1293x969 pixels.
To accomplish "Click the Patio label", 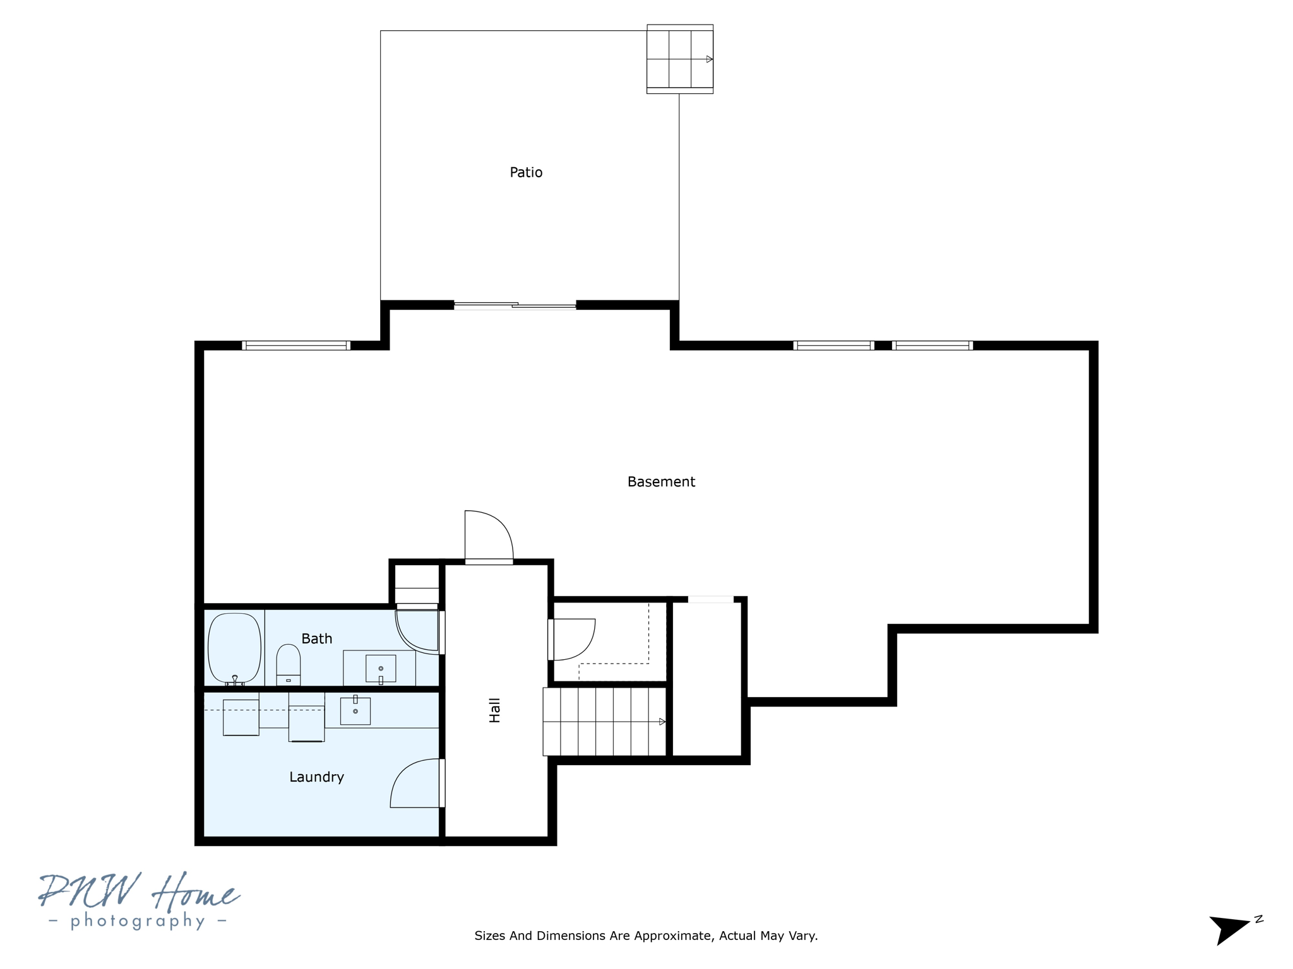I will (x=525, y=172).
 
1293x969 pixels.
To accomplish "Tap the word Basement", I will (x=660, y=482).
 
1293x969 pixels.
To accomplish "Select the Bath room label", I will (x=316, y=638).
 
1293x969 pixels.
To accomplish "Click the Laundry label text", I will (x=316, y=777).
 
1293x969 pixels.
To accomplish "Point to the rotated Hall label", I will (x=494, y=710).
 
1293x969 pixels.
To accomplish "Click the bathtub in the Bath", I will (x=234, y=648).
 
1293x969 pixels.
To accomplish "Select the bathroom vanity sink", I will (x=381, y=669).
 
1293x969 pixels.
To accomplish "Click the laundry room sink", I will (x=355, y=710).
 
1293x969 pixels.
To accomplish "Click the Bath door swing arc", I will (x=416, y=631).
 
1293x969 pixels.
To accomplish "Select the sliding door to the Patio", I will (x=515, y=306).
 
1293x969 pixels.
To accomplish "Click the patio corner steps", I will (x=679, y=59).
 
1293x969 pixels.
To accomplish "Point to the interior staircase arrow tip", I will (x=662, y=722).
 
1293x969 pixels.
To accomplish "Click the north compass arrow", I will (x=1229, y=929).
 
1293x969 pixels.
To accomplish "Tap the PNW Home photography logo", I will (x=139, y=901).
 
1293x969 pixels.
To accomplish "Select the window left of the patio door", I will (x=296, y=345).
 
